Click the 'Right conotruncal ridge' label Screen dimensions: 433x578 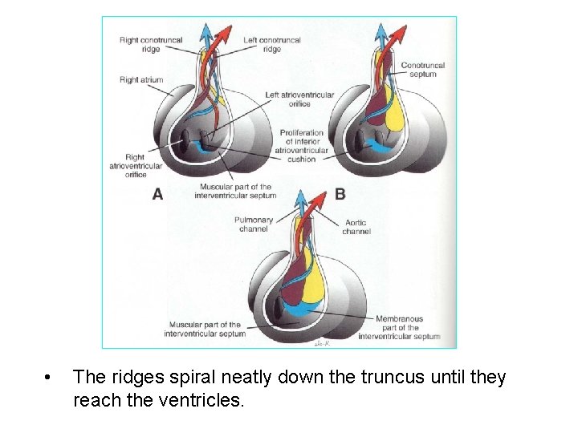click(150, 44)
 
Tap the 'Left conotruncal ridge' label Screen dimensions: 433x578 click(272, 44)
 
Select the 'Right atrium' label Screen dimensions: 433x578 click(140, 80)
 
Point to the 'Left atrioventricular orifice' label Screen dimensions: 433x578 click(299, 99)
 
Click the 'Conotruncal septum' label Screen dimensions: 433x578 click(422, 70)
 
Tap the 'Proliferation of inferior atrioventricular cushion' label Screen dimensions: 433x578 click(302, 146)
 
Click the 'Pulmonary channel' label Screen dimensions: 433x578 click(254, 225)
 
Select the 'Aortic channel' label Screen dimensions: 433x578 click(356, 227)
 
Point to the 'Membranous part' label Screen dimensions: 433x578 click(399, 327)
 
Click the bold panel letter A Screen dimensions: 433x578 click(157, 194)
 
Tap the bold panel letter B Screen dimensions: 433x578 click(340, 194)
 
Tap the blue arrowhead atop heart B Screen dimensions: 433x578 click(381, 32)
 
